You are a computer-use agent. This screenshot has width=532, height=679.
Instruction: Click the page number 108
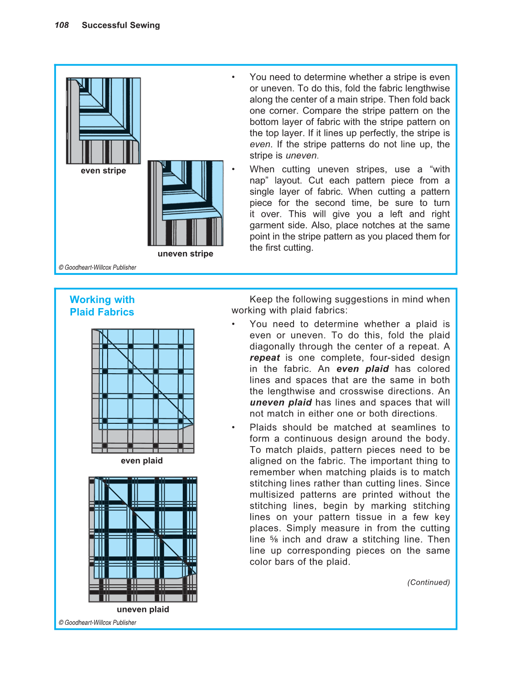point(62,25)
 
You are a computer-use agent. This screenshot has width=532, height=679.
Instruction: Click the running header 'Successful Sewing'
point(121,25)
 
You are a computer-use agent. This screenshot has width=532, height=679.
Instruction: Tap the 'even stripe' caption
point(103,170)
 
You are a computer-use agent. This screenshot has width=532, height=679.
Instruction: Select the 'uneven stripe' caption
point(185,253)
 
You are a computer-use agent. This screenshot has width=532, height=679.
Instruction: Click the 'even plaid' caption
point(142,460)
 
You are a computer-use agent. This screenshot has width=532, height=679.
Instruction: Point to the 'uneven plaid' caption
point(143,609)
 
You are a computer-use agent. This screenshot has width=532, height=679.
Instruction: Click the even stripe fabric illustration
point(103,121)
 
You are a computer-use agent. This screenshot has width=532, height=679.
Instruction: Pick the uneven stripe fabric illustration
point(186,203)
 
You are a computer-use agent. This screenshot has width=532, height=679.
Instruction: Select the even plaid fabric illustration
point(143,391)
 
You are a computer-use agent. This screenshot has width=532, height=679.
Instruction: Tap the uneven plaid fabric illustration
point(143,539)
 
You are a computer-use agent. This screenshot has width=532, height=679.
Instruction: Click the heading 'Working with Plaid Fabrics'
point(102,306)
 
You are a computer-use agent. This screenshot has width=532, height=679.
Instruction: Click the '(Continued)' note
point(428,582)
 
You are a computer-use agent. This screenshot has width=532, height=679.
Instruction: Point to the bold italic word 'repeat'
point(265,358)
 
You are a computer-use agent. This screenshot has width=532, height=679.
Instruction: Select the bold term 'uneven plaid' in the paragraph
point(280,402)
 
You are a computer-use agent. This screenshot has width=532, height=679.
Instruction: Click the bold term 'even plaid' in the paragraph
point(362,369)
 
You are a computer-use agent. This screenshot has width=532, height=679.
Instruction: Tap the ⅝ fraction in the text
point(274,540)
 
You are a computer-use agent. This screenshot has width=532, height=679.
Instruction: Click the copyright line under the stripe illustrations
point(98,267)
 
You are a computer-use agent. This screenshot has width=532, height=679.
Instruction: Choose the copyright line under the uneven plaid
point(98,622)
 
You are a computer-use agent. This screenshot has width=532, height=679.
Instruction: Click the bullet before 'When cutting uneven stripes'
point(233,170)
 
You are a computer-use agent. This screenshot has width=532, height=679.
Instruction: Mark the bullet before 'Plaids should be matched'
point(233,427)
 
